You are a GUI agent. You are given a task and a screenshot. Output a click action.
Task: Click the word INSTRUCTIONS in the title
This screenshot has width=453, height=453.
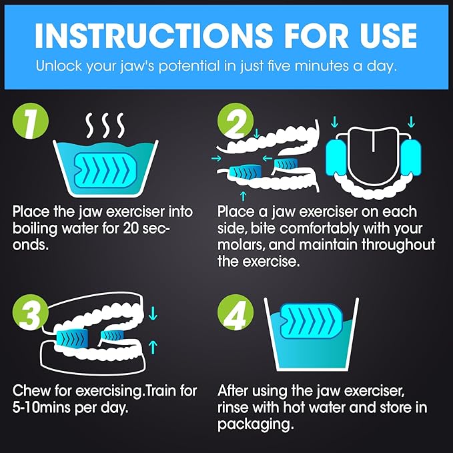click(x=154, y=35)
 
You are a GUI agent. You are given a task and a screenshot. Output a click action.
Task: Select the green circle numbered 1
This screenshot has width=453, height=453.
click(x=31, y=121)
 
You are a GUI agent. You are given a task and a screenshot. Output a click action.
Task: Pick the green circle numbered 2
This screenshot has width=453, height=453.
click(x=236, y=121)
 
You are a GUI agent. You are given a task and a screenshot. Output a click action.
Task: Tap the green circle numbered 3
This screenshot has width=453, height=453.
click(x=31, y=312)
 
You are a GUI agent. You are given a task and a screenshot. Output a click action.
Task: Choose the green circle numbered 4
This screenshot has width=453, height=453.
click(x=236, y=312)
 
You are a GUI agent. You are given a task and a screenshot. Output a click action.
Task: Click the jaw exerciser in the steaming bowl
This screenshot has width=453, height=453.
click(x=105, y=170)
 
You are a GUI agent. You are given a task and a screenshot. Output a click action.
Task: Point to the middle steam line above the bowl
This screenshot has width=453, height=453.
click(x=106, y=125)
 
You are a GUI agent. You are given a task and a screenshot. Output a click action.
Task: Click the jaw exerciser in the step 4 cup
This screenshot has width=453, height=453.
click(x=312, y=321)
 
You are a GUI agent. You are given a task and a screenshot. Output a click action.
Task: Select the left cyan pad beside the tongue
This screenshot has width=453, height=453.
click(x=336, y=157)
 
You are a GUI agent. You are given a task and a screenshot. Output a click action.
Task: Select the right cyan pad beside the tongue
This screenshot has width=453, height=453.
click(x=411, y=157)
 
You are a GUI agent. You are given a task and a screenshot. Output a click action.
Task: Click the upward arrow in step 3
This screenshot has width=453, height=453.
click(x=153, y=347)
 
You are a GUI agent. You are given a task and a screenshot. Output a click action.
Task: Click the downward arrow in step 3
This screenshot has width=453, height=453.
click(x=153, y=314)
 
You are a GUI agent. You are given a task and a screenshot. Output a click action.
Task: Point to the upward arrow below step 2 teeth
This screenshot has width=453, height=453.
click(x=244, y=196)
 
